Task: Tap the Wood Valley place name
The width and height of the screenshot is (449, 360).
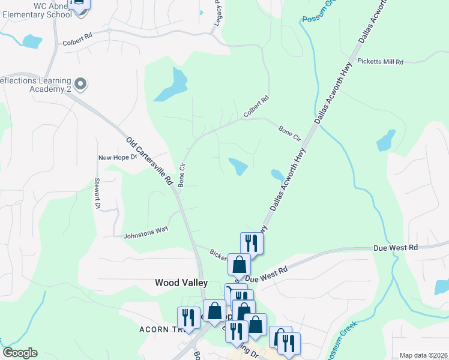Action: click(x=181, y=282)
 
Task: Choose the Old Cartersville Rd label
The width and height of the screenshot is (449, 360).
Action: click(x=149, y=160)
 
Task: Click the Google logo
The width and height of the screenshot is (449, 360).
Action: click(x=20, y=353)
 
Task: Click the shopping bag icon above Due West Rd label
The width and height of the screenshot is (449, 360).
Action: click(x=239, y=263)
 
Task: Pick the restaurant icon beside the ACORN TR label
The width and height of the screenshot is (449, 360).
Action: click(x=188, y=318)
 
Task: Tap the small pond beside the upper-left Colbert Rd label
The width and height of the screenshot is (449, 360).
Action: click(x=31, y=41)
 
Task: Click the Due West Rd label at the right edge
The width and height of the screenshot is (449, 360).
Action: click(x=395, y=247)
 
